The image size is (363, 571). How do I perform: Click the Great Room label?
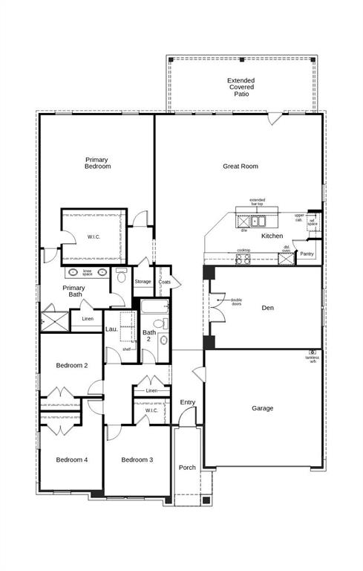click(241, 167)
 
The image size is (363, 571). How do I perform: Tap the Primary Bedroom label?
click(97, 163)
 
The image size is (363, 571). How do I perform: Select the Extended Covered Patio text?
click(241, 88)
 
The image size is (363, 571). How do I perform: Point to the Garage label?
click(262, 408)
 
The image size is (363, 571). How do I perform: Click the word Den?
click(268, 307)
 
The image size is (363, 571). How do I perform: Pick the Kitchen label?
click(272, 236)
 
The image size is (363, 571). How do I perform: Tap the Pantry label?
click(307, 254)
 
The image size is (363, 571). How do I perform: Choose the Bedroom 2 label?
click(72, 365)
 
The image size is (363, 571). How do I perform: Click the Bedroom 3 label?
click(137, 459)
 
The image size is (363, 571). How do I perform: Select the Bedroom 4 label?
click(72, 459)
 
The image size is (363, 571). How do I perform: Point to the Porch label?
click(187, 468)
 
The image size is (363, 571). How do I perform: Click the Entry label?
click(188, 402)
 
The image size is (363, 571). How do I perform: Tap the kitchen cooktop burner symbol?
click(243, 259)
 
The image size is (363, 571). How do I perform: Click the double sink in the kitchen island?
click(258, 221)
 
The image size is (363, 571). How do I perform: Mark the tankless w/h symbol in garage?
click(313, 352)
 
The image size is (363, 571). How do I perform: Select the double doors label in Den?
click(236, 302)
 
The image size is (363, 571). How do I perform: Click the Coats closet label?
click(164, 282)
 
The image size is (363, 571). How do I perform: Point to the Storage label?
click(143, 282)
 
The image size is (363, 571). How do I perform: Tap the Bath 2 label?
click(149, 336)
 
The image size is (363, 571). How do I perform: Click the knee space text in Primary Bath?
click(87, 272)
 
